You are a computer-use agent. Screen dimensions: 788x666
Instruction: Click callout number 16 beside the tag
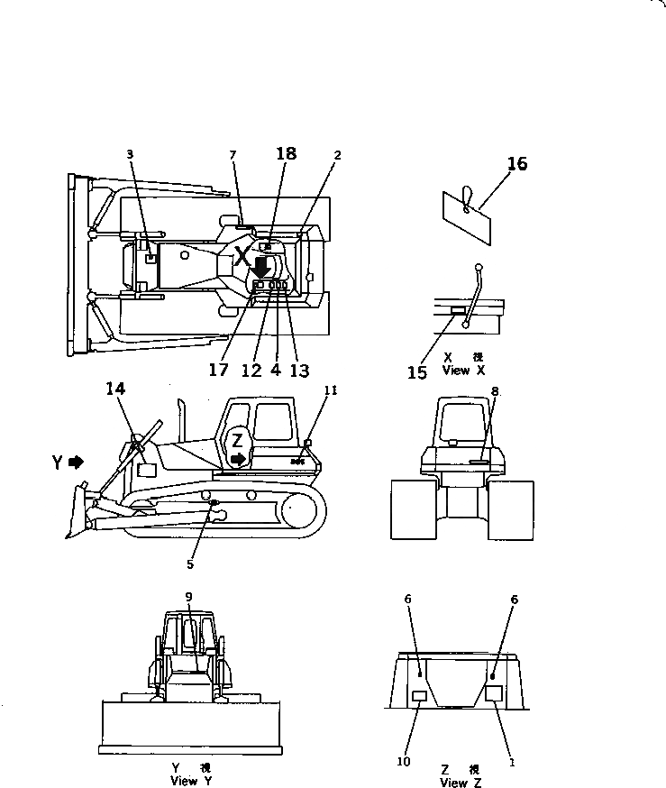tap(517, 164)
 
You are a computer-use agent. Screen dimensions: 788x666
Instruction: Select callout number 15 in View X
tap(416, 371)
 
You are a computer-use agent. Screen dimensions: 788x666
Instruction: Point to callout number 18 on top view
tap(286, 154)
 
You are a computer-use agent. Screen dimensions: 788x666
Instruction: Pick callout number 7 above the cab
tap(233, 156)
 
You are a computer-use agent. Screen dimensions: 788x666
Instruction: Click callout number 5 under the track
tap(190, 564)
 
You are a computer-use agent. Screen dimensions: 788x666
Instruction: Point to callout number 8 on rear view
tap(495, 390)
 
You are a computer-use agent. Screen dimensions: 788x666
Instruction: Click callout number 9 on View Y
tap(188, 596)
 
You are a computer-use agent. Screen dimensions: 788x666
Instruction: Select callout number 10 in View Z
tap(403, 762)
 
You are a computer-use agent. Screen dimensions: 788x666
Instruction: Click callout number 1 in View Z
tap(512, 762)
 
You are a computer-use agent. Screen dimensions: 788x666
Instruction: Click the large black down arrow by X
tap(260, 268)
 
